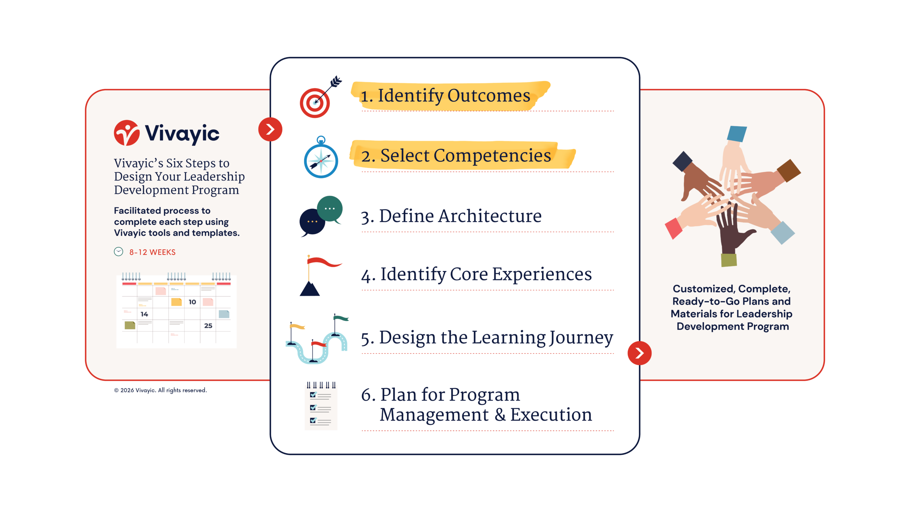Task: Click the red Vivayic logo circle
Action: pyautogui.click(x=127, y=133)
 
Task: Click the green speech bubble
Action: pyautogui.click(x=330, y=209)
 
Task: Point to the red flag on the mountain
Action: pyautogui.click(x=323, y=262)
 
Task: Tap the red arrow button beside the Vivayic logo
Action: pyautogui.click(x=270, y=129)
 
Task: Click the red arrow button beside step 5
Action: pyautogui.click(x=639, y=353)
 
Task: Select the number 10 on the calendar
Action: pyautogui.click(x=192, y=302)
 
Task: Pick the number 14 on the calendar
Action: pyautogui.click(x=144, y=314)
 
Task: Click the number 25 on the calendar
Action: pyautogui.click(x=208, y=326)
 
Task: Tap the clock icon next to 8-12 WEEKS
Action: pyautogui.click(x=118, y=252)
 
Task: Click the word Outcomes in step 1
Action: pyautogui.click(x=489, y=95)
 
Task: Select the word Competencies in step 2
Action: pyautogui.click(x=492, y=155)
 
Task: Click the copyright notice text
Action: pyautogui.click(x=160, y=390)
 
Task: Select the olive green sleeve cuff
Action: pyautogui.click(x=729, y=260)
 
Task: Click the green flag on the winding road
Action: pyautogui.click(x=341, y=318)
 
